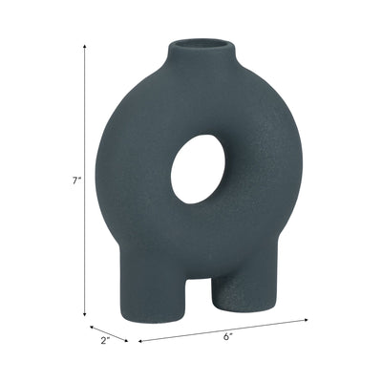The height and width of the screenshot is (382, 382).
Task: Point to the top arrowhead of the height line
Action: click(85, 44)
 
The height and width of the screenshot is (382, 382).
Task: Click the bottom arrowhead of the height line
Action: click(85, 315)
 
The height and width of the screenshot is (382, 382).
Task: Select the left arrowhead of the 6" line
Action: click(140, 339)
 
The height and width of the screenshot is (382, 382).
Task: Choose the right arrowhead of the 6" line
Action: click(307, 320)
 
